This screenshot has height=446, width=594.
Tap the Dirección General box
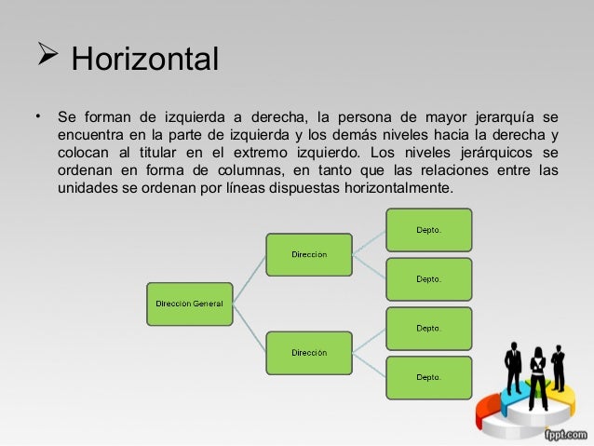click(x=189, y=303)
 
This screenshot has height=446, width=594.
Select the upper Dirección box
click(x=308, y=254)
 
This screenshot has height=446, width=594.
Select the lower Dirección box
click(x=308, y=353)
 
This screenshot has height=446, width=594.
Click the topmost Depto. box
click(x=428, y=229)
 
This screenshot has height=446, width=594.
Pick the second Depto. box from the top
click(x=428, y=278)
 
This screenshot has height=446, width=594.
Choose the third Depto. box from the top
click(x=428, y=328)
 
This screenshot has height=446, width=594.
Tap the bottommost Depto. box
click(x=428, y=377)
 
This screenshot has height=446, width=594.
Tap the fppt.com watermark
click(x=566, y=435)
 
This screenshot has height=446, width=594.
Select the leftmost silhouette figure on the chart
click(x=513, y=367)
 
